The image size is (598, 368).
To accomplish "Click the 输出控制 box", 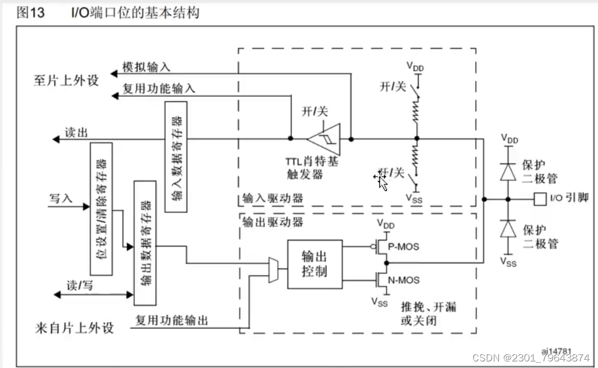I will [x=314, y=264].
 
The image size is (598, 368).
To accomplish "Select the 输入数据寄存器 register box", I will [x=176, y=157].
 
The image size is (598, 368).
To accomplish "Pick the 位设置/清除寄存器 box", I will [x=100, y=208].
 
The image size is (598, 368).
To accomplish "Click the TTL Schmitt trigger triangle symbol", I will [x=325, y=139].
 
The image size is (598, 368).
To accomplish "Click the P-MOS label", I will [x=403, y=246].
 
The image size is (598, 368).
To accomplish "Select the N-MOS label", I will [x=403, y=281].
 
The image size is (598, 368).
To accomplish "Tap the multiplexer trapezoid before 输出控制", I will [x=273, y=270].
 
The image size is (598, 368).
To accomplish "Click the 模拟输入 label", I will [x=146, y=67].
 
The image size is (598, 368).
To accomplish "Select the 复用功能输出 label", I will [x=172, y=320].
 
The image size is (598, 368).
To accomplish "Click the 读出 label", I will [x=77, y=133].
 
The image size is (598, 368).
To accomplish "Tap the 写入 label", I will [x=61, y=198].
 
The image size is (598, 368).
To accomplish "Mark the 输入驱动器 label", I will [x=273, y=198].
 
